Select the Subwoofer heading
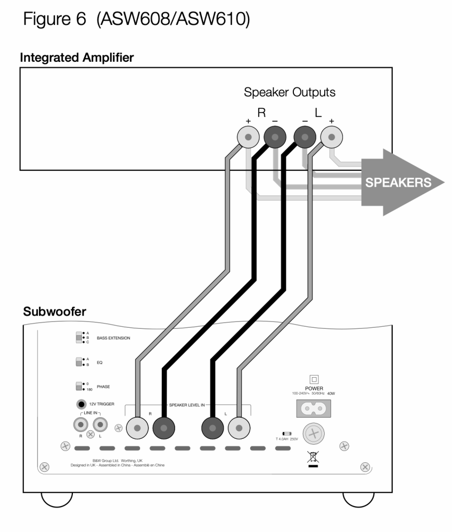[54, 312]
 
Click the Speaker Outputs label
[290, 92]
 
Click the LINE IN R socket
[81, 424]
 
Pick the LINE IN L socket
[100, 424]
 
